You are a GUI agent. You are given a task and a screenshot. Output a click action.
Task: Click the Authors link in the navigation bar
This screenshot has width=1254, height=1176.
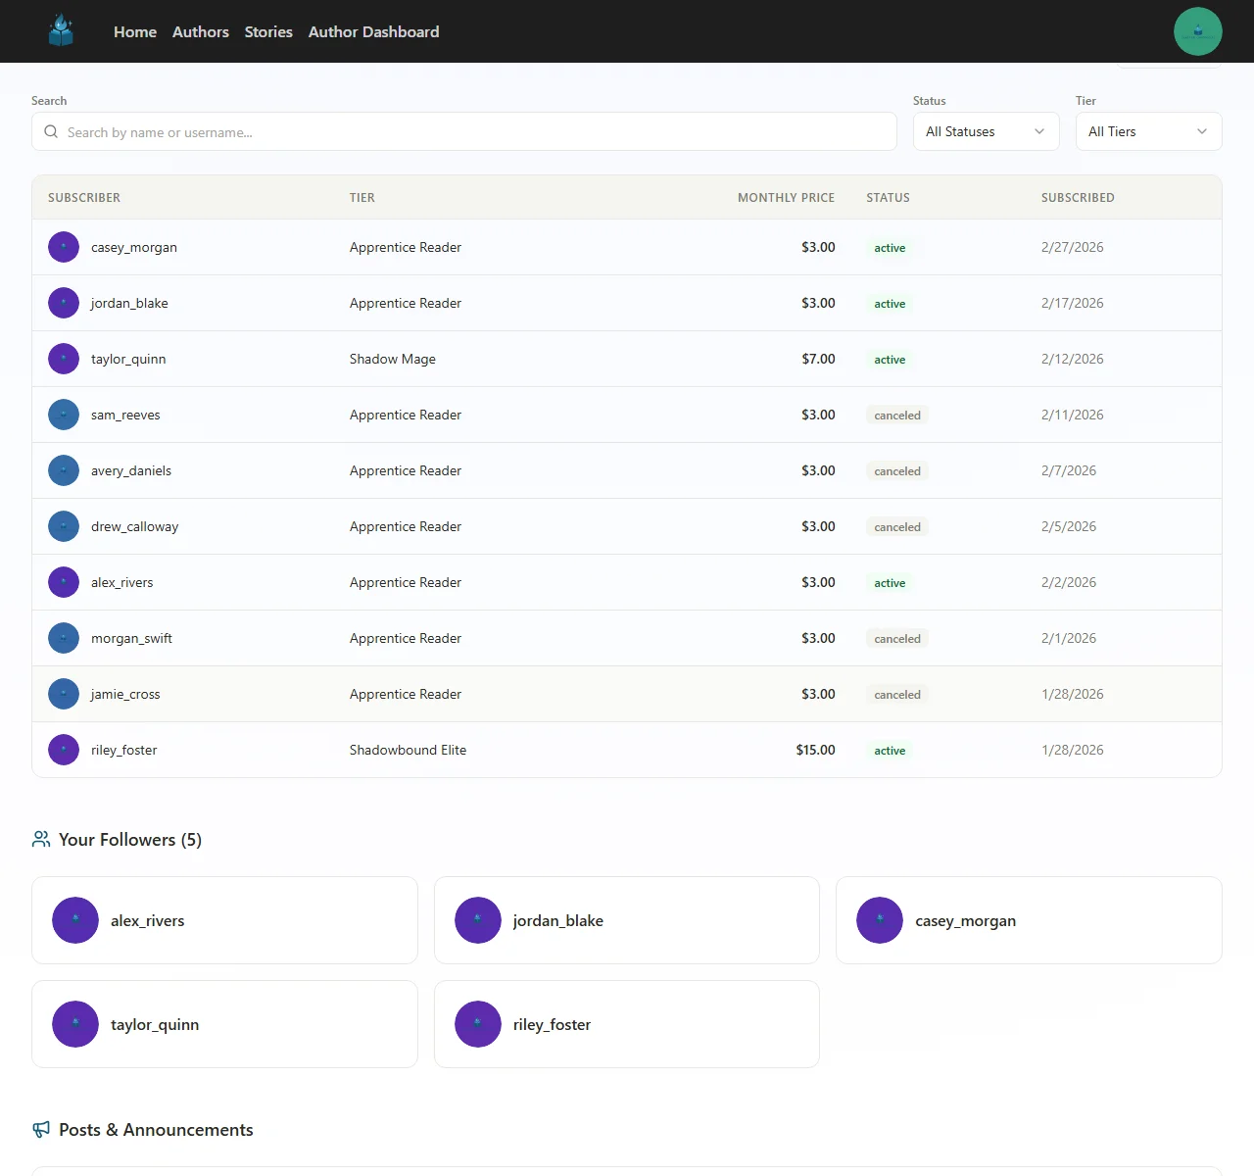tap(200, 31)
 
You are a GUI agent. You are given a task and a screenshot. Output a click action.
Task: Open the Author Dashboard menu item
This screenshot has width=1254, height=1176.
tap(373, 31)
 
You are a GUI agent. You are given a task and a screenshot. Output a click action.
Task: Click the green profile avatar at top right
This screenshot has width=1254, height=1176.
tap(1197, 31)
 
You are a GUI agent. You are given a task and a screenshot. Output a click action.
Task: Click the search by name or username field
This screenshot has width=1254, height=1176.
tap(464, 132)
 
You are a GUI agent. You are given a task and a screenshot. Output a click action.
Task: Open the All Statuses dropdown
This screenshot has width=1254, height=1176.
tap(986, 131)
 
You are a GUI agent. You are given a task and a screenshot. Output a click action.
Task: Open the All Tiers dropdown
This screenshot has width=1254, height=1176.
tap(1148, 131)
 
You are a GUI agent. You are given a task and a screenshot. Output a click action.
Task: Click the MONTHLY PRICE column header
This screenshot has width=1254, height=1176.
tap(786, 198)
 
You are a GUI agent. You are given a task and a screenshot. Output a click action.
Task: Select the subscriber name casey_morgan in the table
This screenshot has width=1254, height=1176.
tap(134, 248)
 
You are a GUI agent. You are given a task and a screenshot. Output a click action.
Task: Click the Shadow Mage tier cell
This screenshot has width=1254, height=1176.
tap(393, 360)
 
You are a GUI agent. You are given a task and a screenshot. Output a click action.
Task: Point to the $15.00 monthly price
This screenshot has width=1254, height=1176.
tap(815, 751)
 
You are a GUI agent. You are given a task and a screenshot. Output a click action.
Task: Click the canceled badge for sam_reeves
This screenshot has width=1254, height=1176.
tap(897, 416)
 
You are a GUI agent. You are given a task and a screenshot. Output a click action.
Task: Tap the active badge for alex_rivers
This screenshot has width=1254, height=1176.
tap(890, 583)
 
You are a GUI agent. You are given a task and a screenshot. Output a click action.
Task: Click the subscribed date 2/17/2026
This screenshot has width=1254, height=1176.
tap(1072, 304)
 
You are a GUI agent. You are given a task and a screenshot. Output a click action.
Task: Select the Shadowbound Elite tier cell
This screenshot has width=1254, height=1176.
tap(408, 751)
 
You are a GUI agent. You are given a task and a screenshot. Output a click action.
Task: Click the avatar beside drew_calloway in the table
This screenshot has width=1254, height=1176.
tap(64, 527)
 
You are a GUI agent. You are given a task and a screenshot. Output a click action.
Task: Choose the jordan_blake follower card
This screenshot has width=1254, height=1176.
tap(626, 920)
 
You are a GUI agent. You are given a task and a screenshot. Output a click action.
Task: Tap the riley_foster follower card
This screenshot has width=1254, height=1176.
tap(626, 1024)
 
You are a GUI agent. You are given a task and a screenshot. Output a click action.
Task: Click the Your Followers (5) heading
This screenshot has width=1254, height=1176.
tap(130, 840)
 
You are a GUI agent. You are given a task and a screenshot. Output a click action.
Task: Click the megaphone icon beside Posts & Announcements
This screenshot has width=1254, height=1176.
tap(41, 1130)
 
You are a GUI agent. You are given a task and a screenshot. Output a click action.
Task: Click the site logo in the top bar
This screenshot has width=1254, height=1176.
tap(62, 31)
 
